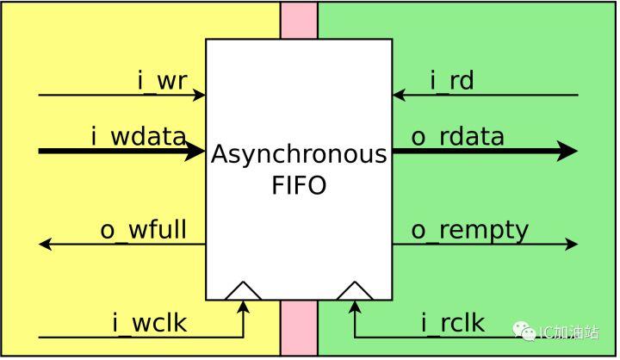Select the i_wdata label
tap(139, 136)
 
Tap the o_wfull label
tap(144, 230)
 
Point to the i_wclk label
tap(149, 324)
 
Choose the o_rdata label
tap(457, 136)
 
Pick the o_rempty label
tap(469, 230)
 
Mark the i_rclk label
tap(452, 324)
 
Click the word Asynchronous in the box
tap(299, 156)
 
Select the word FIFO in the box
tap(299, 185)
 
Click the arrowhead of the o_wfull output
tap(46, 245)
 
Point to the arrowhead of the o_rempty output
tap(571, 245)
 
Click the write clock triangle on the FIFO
tap(243, 292)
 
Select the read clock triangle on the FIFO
tap(354, 292)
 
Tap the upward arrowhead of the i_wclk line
tap(243, 307)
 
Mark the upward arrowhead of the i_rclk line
tap(354, 307)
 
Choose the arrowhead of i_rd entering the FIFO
tap(400, 95)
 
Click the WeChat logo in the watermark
tap(524, 331)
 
